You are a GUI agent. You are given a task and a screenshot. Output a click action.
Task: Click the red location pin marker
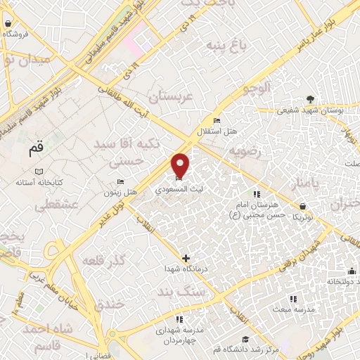point(181,165)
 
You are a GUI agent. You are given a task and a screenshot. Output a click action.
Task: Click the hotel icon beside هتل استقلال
point(216,120)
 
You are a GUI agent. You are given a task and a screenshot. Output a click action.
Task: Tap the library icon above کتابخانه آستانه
point(39,171)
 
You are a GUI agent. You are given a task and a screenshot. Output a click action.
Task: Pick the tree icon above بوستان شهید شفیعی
point(310,99)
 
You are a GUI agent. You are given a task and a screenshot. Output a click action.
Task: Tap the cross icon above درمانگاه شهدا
point(186,258)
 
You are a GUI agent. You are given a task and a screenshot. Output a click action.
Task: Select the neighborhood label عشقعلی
point(51,205)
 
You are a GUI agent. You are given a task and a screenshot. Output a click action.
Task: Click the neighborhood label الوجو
point(255,89)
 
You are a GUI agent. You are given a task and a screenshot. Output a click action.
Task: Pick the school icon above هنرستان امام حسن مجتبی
point(256,194)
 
